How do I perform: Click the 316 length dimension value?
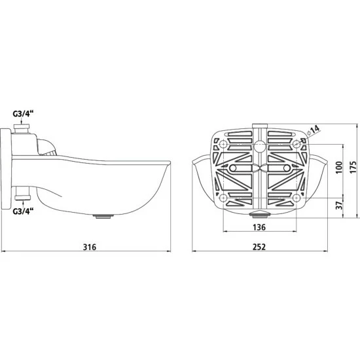pos(90,247)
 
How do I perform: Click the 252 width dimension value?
pos(259,247)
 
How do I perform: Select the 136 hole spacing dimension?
pos(259,227)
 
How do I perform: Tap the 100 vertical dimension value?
pos(339,168)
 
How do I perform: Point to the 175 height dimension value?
pos(353,167)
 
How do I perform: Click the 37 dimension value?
pos(339,205)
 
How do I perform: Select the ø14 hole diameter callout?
pos(313,130)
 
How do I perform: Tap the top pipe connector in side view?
pos(22,128)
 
